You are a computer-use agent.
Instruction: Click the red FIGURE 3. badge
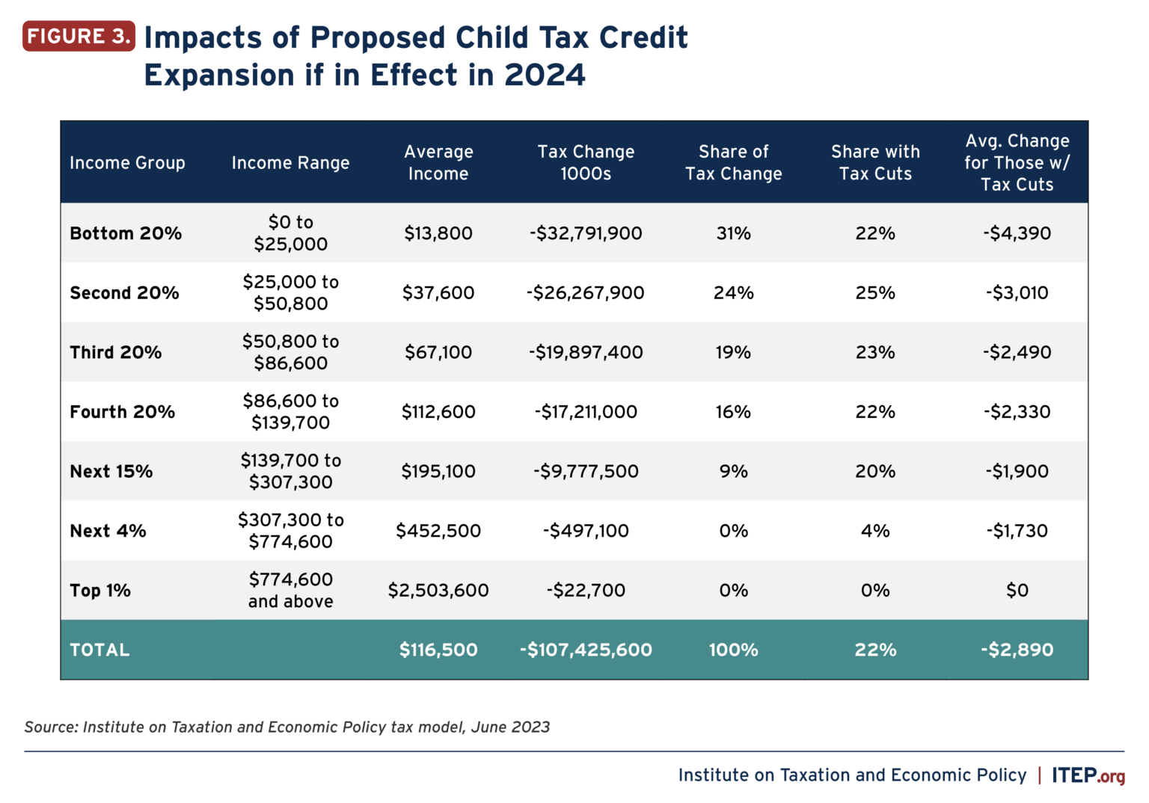(79, 36)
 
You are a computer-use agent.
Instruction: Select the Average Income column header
(438, 162)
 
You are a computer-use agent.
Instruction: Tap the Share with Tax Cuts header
(875, 162)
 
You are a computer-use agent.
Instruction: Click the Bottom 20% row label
(126, 233)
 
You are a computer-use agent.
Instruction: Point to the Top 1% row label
(100, 591)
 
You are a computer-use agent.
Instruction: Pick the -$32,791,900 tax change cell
(586, 233)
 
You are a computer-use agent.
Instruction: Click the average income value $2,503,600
(438, 591)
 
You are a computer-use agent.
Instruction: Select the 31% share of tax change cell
(733, 233)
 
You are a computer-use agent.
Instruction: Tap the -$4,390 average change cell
(1017, 233)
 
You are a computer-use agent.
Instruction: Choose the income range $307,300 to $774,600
(290, 531)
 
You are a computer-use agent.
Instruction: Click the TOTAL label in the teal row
(99, 650)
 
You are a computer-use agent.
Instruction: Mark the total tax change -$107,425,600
(586, 650)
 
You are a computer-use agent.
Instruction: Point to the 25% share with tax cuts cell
(875, 293)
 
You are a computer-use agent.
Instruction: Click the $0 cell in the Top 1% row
(1017, 591)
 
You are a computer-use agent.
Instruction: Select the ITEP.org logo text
(1088, 775)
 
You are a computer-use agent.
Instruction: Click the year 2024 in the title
(545, 76)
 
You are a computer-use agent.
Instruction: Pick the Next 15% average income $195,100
(438, 471)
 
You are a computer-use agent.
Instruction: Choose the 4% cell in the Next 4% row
(875, 531)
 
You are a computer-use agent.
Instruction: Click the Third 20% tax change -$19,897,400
(586, 352)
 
